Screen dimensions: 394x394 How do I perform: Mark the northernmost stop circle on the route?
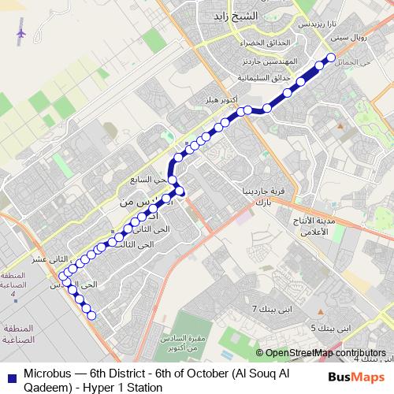coord(331,57)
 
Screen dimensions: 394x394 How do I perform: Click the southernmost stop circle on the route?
coord(91,316)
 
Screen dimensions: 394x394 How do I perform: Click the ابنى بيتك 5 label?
coord(328,327)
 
